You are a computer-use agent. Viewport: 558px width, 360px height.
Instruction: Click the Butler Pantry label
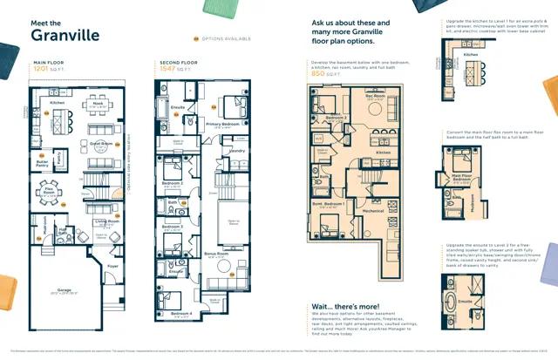coord(41,163)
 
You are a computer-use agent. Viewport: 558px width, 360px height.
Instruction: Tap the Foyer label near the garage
coord(112,267)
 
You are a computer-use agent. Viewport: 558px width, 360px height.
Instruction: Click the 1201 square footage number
coord(44,71)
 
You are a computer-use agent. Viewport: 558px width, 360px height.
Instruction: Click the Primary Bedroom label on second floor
coord(223,124)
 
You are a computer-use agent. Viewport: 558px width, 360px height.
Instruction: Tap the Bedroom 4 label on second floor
coord(181,337)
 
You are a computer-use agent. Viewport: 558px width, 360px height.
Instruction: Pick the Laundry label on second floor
coord(236,150)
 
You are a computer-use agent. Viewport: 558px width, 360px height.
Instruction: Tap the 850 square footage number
coord(319,73)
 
